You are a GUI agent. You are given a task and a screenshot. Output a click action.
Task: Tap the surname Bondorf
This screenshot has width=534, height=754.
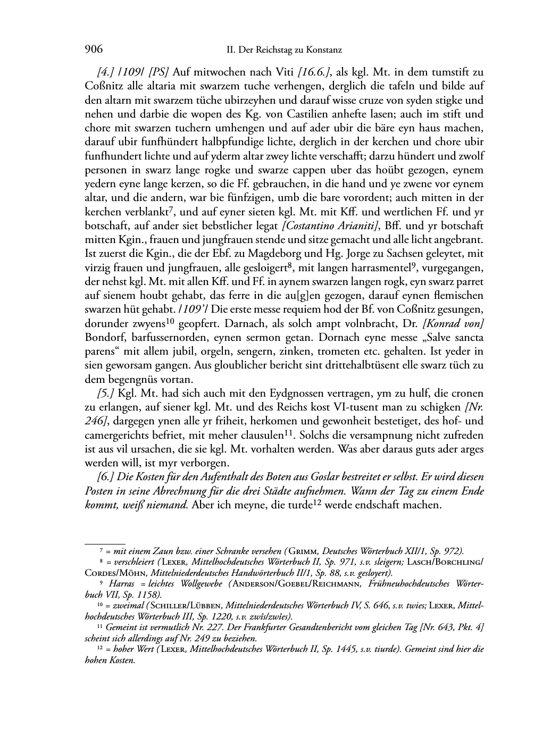pyautogui.click(x=104, y=337)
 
